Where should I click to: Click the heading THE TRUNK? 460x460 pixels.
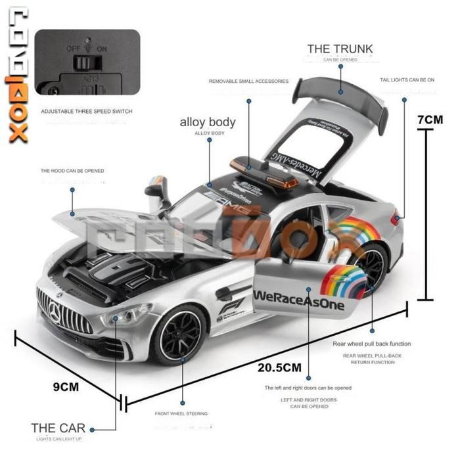(x=340, y=49)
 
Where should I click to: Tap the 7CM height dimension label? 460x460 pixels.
(x=431, y=120)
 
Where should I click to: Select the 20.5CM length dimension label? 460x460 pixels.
(x=279, y=367)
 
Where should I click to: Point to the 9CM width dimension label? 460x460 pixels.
(x=66, y=386)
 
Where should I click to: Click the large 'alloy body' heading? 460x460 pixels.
(x=208, y=122)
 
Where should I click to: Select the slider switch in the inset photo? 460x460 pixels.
(x=83, y=63)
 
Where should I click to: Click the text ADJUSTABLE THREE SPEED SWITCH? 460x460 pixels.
(x=87, y=112)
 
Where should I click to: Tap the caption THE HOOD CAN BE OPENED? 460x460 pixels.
(x=72, y=171)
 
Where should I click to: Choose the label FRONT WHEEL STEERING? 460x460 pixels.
(x=181, y=414)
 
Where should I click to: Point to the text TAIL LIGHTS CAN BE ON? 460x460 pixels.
(x=407, y=80)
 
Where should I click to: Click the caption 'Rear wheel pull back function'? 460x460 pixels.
(x=372, y=344)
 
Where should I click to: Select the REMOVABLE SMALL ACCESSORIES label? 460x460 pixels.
(x=248, y=81)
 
